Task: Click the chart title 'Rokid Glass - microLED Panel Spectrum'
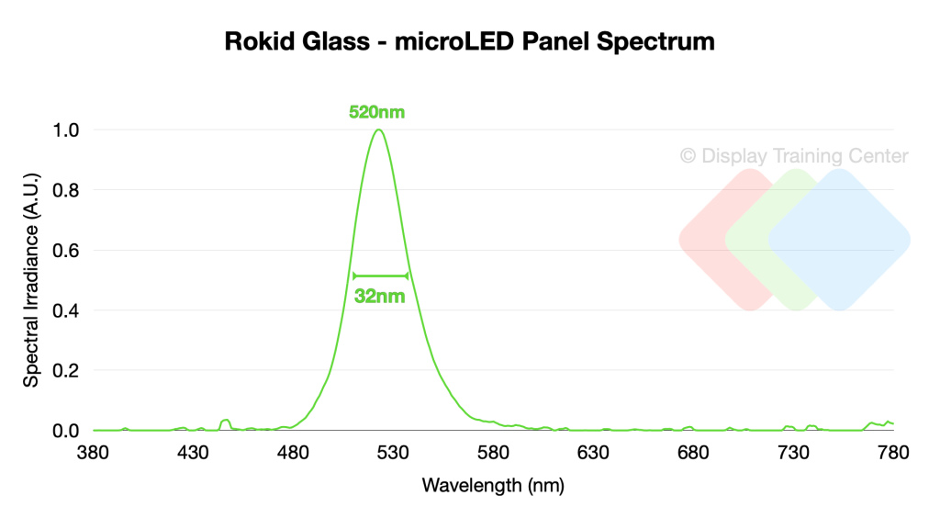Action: point(469,42)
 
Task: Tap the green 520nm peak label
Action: point(376,113)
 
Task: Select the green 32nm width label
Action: point(379,297)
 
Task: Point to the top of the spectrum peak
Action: point(378,129)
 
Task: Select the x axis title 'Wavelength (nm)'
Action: point(493,486)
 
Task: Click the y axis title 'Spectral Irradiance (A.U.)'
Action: point(31,280)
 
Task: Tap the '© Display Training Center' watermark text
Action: point(794,156)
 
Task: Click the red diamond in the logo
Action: point(716,240)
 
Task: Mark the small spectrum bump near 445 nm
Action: point(226,421)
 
